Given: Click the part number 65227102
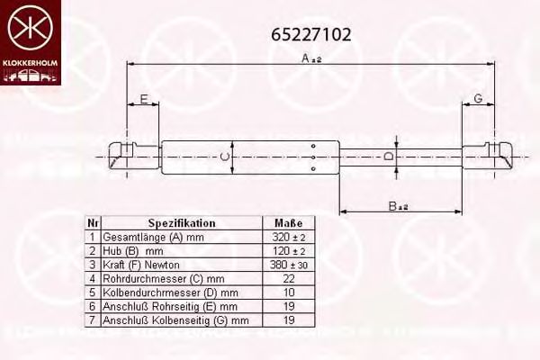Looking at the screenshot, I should point(311,35).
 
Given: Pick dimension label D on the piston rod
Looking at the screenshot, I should point(389,157).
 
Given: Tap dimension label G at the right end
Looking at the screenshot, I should point(478,98).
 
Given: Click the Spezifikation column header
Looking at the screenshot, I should point(181,223).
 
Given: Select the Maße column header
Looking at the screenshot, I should point(288,223).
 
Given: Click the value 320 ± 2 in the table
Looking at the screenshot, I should point(288,237).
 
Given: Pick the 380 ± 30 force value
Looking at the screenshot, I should point(288,265).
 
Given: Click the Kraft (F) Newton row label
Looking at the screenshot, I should point(141,265).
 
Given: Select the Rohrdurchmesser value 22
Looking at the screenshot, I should point(288,278).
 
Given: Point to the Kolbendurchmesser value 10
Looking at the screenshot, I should point(288,292).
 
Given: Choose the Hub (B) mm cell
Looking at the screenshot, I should point(132,250).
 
